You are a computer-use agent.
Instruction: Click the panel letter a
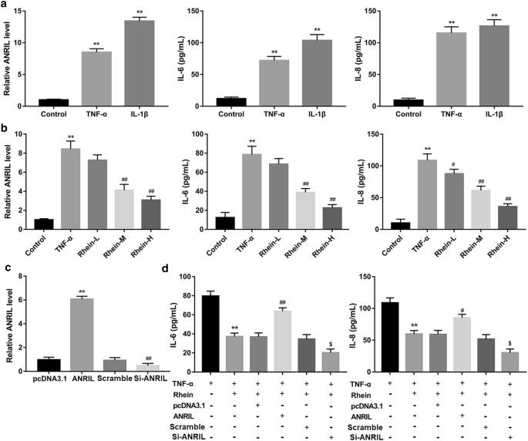(5, 7)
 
